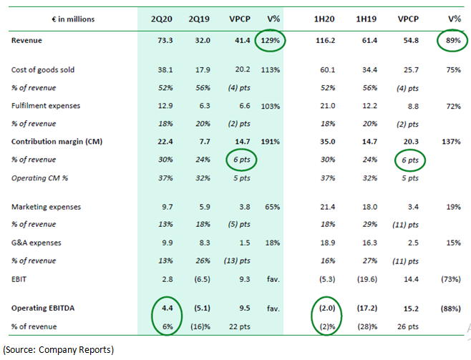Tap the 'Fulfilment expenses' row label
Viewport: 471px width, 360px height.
[42, 106]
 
